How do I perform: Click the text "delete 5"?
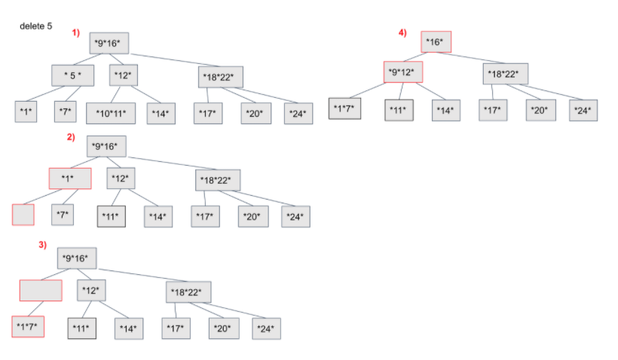[x=36, y=26]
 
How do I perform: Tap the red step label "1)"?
[x=76, y=32]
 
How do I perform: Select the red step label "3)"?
[x=43, y=246]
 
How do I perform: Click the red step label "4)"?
[x=403, y=32]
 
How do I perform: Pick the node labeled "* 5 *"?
[x=72, y=75]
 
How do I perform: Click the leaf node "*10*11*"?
[x=111, y=113]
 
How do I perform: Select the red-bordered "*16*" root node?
[x=436, y=42]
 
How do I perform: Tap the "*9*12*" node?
[x=403, y=72]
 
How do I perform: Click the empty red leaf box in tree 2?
[x=23, y=215]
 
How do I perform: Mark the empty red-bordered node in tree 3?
[x=41, y=290]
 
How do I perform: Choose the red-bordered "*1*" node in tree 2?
[x=70, y=178]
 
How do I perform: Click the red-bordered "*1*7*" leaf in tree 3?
[x=29, y=328]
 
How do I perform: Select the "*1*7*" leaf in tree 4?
[x=346, y=110]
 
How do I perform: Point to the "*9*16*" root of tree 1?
[x=109, y=43]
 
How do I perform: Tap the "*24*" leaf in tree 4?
[x=583, y=110]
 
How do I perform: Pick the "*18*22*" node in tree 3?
[x=189, y=291]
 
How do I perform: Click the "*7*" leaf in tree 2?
[x=63, y=215]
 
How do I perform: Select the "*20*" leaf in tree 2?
[x=253, y=216]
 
